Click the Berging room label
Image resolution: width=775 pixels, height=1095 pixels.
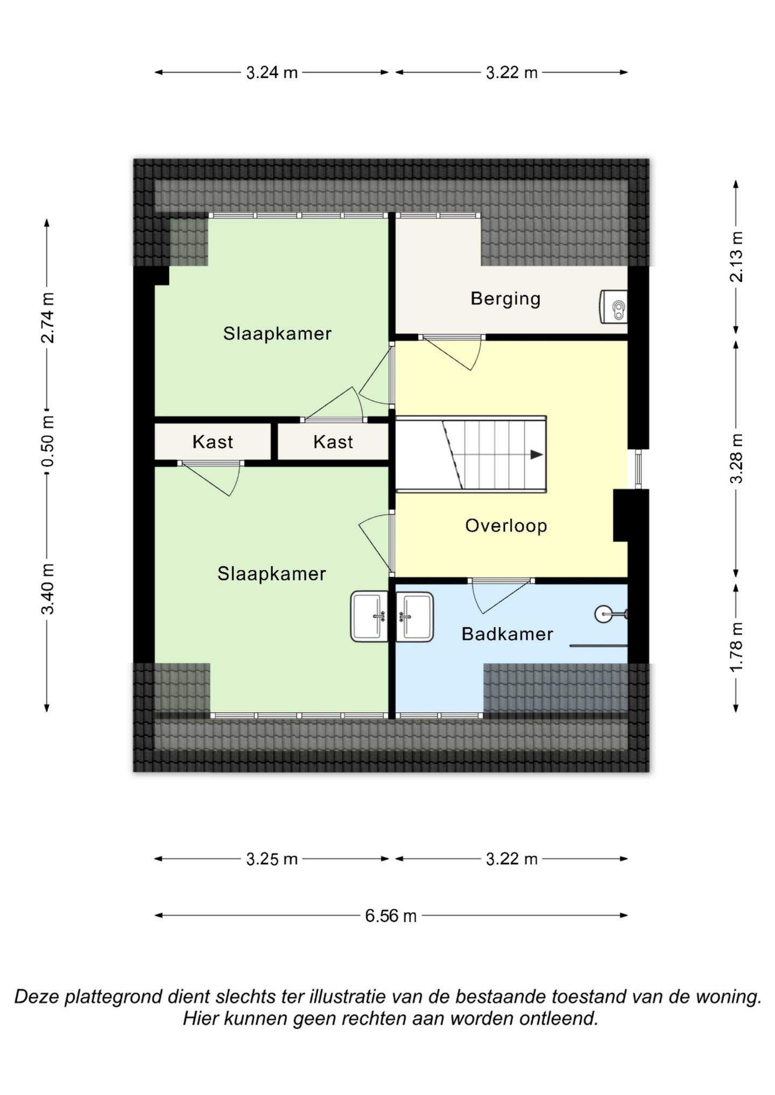505,299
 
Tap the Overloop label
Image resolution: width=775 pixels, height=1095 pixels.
506,525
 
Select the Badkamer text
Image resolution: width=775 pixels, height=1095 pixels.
507,634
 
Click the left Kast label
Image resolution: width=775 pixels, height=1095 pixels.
213,442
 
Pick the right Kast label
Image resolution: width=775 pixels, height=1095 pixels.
333,442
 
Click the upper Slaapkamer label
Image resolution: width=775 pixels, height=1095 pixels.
277,333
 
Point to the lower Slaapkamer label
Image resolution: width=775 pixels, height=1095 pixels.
271,574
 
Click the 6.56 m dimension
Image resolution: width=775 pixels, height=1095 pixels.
391,915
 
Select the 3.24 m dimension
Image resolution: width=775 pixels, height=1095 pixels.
272,72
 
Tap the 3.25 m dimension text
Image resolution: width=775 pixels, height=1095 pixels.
272,859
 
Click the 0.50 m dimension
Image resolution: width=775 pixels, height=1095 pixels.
47,442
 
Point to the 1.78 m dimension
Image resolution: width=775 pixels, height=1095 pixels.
736,646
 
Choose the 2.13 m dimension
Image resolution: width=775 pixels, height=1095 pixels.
736,257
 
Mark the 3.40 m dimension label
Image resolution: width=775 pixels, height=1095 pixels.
47,588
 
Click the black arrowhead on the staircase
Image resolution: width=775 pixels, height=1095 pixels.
537,454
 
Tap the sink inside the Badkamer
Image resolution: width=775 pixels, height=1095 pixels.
414,617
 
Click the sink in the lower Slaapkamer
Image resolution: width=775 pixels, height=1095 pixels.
369,617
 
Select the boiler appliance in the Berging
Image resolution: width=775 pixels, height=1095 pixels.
614,307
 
